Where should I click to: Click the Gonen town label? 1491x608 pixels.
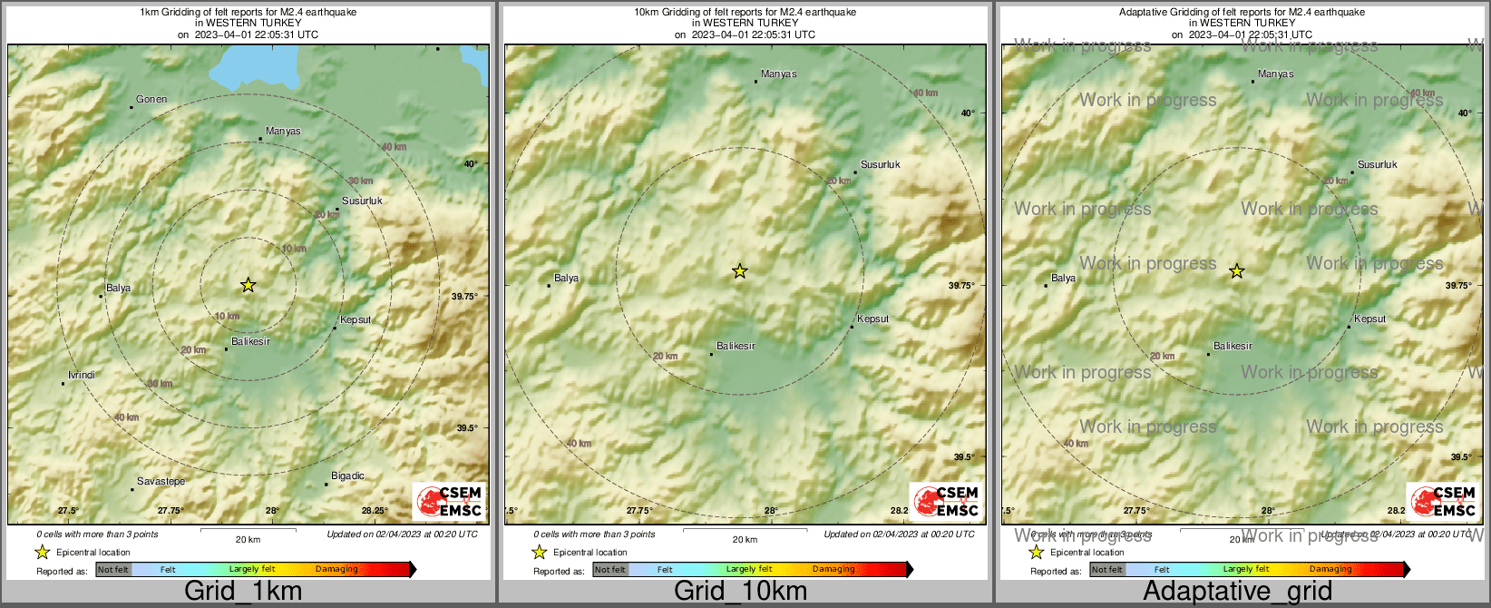tap(151, 100)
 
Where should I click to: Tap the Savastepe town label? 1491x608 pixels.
tap(161, 482)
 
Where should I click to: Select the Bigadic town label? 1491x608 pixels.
tap(347, 476)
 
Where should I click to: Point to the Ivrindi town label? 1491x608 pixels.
tap(82, 376)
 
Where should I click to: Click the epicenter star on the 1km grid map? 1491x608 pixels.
tap(248, 285)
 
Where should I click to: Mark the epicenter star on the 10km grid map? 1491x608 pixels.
tap(740, 270)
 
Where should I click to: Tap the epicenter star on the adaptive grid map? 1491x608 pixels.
tap(1236, 270)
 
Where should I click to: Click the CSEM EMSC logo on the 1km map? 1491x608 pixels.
tap(449, 501)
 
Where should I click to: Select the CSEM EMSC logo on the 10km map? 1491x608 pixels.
tap(946, 501)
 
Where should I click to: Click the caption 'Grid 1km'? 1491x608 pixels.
tap(243, 592)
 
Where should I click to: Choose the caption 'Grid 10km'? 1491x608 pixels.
tap(740, 592)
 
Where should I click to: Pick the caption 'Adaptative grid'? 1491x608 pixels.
tap(1237, 592)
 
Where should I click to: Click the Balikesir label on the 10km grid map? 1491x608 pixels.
tap(736, 347)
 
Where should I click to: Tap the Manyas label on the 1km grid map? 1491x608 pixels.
tap(283, 132)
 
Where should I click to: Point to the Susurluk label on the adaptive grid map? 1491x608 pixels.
tap(1378, 165)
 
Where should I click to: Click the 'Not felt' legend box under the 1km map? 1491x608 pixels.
tap(113, 570)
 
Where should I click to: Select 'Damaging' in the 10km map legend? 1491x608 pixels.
tap(833, 570)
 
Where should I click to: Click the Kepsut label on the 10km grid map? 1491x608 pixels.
tap(872, 319)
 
